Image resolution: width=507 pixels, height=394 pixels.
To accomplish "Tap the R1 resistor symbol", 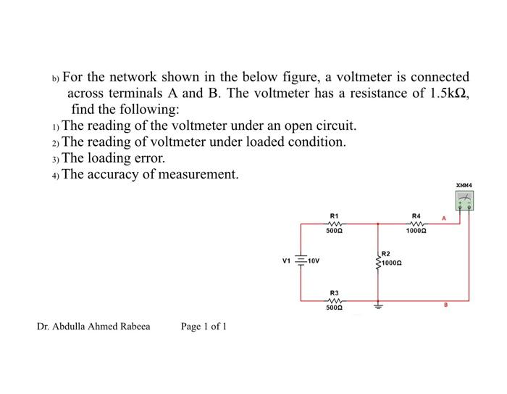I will pyautogui.click(x=334, y=223).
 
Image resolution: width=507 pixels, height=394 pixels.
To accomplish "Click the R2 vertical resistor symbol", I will pyautogui.click(x=376, y=261).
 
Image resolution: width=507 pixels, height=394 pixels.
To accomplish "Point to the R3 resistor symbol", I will pyautogui.click(x=334, y=300).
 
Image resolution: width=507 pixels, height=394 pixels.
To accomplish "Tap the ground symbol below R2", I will pyautogui.click(x=376, y=306).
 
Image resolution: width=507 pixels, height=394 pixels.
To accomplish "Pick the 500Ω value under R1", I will pyautogui.click(x=334, y=231).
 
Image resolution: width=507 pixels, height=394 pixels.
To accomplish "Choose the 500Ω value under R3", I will pyautogui.click(x=334, y=308).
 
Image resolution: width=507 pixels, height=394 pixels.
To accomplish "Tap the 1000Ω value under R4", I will pyautogui.click(x=416, y=231).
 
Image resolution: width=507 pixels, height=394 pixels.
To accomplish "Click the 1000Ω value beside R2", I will pyautogui.click(x=392, y=263).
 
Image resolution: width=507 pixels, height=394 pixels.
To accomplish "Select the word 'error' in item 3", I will pyautogui.click(x=148, y=157).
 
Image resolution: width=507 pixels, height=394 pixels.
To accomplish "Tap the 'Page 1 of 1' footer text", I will pyautogui.click(x=204, y=327).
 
